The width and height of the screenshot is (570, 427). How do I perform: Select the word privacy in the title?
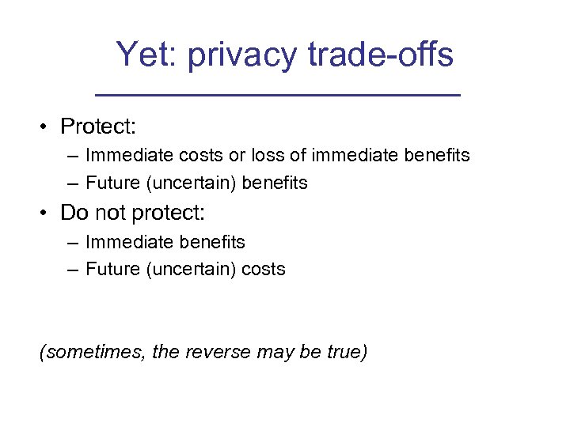(x=243, y=55)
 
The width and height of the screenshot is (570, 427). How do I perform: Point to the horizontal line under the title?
(x=277, y=95)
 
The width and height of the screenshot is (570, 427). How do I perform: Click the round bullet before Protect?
(x=48, y=127)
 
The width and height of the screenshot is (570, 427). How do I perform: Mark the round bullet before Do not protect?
(x=48, y=213)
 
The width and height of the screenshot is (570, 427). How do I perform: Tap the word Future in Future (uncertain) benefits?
(x=111, y=183)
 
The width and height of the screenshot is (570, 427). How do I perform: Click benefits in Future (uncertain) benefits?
(x=274, y=183)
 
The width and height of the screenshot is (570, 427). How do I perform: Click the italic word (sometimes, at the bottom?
(x=93, y=352)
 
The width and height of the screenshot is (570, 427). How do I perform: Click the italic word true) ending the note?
(x=347, y=352)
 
